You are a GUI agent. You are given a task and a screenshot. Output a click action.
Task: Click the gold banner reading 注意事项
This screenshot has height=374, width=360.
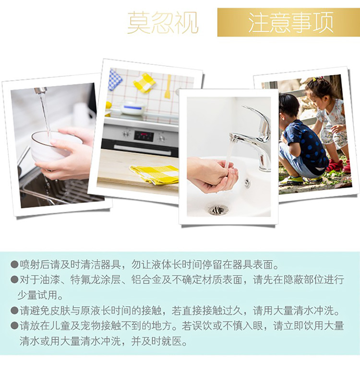288,23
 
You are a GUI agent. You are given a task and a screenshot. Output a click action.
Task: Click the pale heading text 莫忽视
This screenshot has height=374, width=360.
163,23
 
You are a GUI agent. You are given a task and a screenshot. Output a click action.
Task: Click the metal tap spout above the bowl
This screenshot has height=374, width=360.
40,90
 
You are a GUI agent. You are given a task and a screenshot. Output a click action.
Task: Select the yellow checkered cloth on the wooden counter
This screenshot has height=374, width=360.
156,174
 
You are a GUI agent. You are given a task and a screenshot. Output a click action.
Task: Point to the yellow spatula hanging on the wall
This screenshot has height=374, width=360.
168,86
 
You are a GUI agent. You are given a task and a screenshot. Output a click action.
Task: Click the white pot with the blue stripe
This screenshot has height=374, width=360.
132,108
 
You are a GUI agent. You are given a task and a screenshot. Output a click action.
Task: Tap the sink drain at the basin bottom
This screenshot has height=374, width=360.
218,210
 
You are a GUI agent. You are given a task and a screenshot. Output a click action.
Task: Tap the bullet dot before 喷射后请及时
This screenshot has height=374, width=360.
14,265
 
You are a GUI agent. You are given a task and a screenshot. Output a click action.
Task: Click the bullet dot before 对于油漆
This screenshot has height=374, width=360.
14,279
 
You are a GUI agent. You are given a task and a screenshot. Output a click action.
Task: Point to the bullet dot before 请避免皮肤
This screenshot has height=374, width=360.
14,310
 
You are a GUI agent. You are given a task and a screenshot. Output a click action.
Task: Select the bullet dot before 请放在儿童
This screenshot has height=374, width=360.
14,326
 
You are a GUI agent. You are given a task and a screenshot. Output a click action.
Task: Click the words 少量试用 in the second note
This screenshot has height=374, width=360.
37,295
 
